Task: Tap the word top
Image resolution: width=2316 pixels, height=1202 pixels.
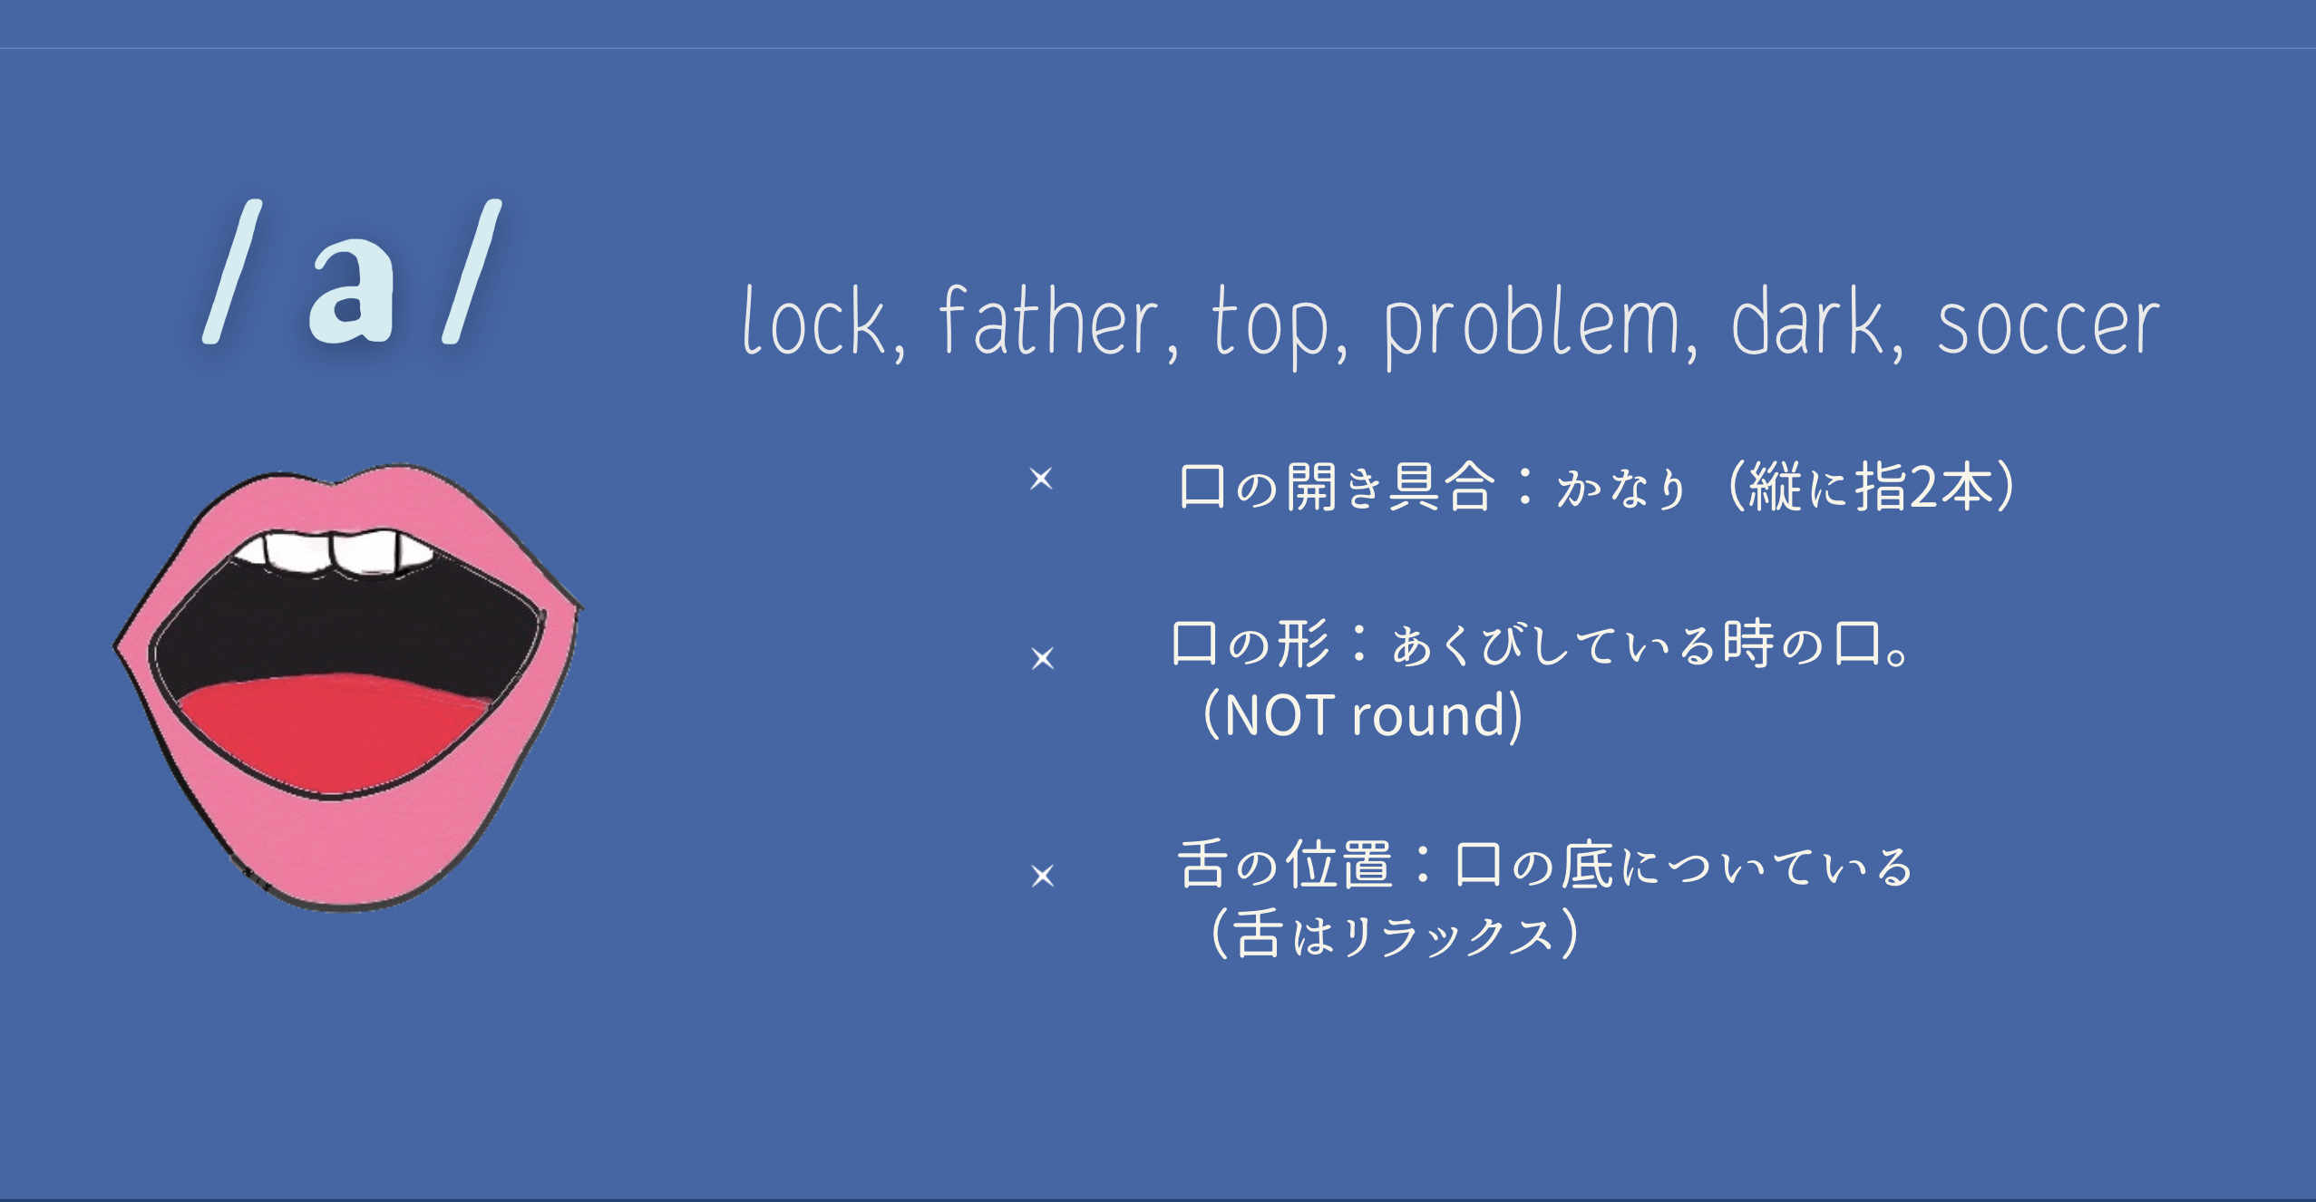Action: pos(1270,326)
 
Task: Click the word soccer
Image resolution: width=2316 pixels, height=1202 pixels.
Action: pos(2048,325)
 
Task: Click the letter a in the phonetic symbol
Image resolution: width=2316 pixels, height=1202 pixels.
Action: pos(352,290)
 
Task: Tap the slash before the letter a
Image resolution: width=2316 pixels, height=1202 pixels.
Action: pos(232,271)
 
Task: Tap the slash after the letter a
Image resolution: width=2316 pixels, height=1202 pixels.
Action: pos(472,271)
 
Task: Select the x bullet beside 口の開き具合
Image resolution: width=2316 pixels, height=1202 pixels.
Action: pos(1041,479)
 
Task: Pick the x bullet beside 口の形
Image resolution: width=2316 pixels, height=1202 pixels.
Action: pos(1043,658)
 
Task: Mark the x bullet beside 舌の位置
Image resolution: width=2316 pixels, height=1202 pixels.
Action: pos(1043,876)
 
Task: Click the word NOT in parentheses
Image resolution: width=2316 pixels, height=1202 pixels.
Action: pos(1280,715)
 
